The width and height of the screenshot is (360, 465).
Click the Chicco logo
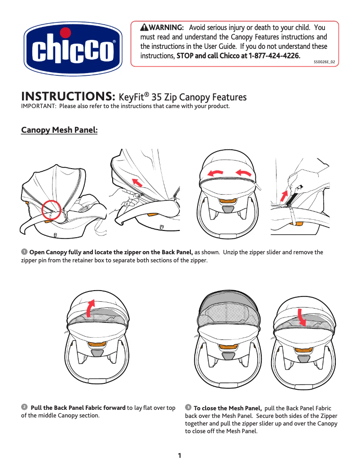pos(73,49)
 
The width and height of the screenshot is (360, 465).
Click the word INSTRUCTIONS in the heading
pos(69,96)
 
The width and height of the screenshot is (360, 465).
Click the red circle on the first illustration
pos(51,210)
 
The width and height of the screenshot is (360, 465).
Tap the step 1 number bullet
pos(24,252)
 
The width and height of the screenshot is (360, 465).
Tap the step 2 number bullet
pos(24,407)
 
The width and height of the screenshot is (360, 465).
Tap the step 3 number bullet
pos(188,407)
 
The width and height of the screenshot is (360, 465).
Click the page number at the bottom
pos(180,456)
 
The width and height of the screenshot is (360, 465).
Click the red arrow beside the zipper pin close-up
pos(284,196)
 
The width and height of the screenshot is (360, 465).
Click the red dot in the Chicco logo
pos(66,33)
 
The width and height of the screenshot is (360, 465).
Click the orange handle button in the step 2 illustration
pos(97,343)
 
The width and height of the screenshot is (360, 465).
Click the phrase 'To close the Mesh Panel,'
pos(228,408)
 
